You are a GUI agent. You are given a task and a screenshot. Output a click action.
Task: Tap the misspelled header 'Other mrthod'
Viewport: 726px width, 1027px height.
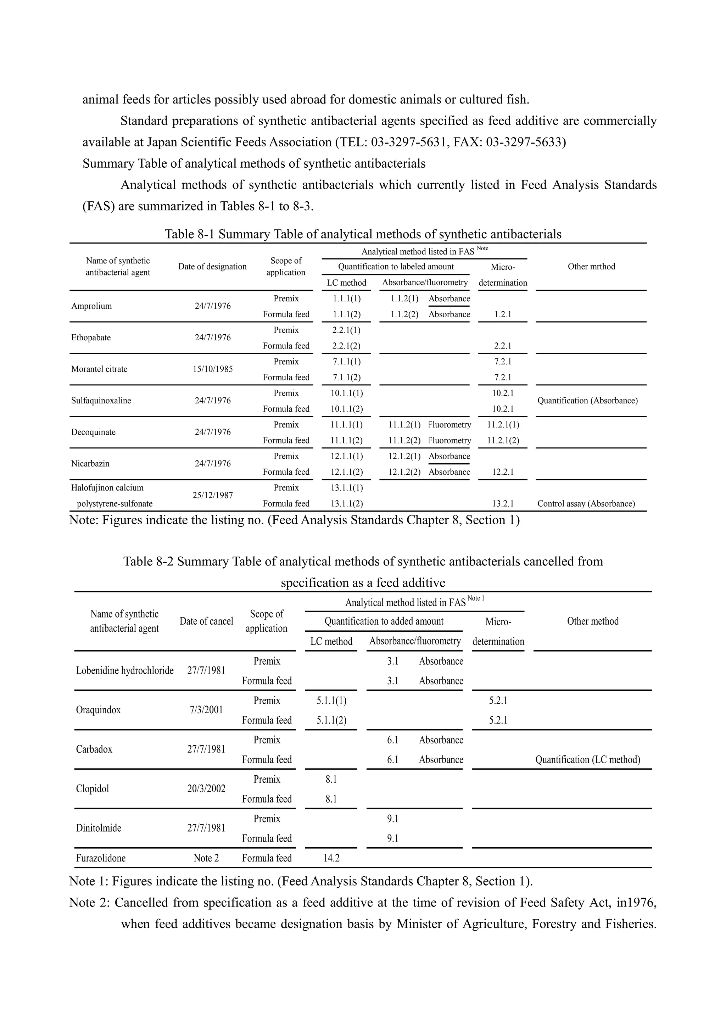click(591, 267)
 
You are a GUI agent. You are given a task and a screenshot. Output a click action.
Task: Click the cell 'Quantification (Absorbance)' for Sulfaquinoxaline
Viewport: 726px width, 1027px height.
click(587, 401)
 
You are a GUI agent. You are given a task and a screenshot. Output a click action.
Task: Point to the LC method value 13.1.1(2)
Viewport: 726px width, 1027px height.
click(347, 504)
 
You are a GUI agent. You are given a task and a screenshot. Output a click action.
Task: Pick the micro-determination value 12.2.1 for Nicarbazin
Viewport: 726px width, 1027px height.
click(503, 472)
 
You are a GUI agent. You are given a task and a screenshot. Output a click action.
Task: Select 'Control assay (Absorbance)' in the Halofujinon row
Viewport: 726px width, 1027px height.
click(586, 504)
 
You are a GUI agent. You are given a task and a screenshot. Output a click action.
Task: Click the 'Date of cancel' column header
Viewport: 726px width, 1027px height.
click(206, 621)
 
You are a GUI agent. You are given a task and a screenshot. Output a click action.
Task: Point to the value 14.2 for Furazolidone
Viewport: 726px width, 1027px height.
click(331, 858)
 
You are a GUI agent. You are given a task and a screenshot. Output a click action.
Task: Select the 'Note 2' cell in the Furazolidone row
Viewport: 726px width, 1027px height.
click(206, 858)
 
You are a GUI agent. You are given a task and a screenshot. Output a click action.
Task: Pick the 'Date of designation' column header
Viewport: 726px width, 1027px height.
click(212, 267)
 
